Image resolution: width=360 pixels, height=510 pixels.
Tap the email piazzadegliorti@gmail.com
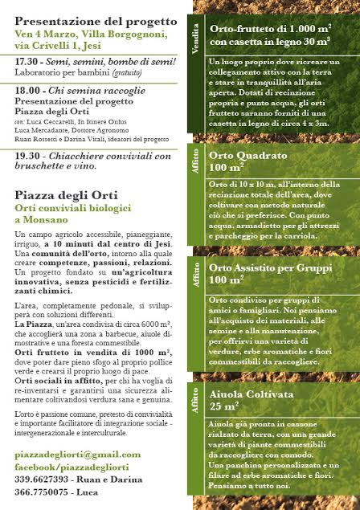[77, 454]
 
